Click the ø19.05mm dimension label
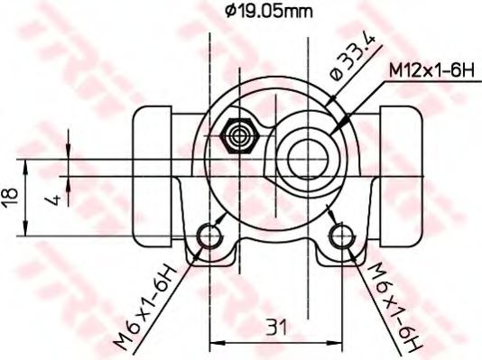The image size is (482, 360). click(271, 13)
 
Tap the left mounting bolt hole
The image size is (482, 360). click(210, 236)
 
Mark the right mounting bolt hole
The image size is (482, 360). click(340, 236)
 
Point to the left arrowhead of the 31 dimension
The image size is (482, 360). click(215, 342)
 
